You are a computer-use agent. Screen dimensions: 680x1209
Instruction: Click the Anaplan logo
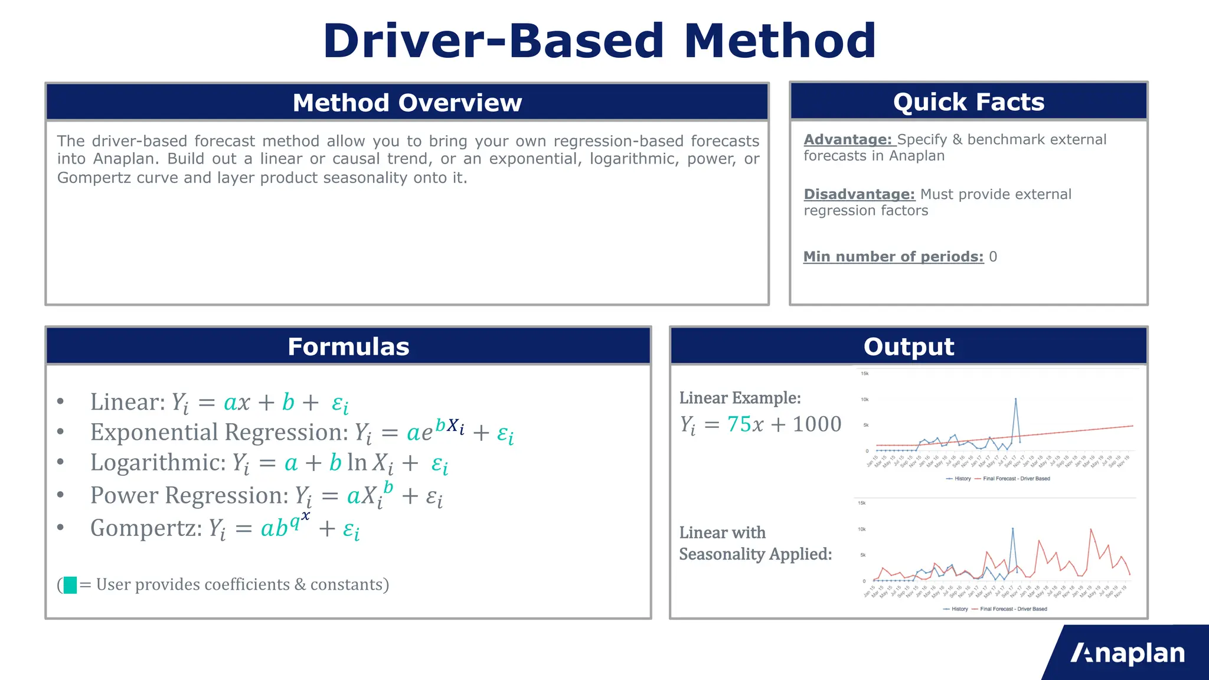tap(1128, 653)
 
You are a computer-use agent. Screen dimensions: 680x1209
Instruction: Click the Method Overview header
tap(407, 103)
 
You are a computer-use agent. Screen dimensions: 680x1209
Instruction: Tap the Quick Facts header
tap(968, 102)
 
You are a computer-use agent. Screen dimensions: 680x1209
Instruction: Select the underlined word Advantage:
tap(848, 140)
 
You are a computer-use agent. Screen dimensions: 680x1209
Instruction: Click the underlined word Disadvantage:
tap(859, 195)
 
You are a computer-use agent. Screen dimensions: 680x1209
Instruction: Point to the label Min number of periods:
tap(893, 257)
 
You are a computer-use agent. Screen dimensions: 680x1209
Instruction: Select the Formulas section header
tap(348, 346)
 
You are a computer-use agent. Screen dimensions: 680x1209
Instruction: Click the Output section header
tap(909, 346)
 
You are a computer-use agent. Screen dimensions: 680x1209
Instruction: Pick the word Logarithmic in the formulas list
tap(158, 463)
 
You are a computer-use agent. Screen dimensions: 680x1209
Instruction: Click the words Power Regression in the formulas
tap(189, 496)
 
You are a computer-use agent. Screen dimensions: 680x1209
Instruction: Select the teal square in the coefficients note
tap(70, 585)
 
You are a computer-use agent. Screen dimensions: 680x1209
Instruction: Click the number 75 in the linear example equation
tap(737, 424)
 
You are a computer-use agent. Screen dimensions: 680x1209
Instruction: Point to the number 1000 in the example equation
tap(816, 424)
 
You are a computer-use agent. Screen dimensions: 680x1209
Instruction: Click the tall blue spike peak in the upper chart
tap(1015, 399)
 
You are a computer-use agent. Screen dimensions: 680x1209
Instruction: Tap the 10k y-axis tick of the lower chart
tap(862, 529)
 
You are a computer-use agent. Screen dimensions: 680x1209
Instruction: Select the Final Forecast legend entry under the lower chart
tap(1013, 609)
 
